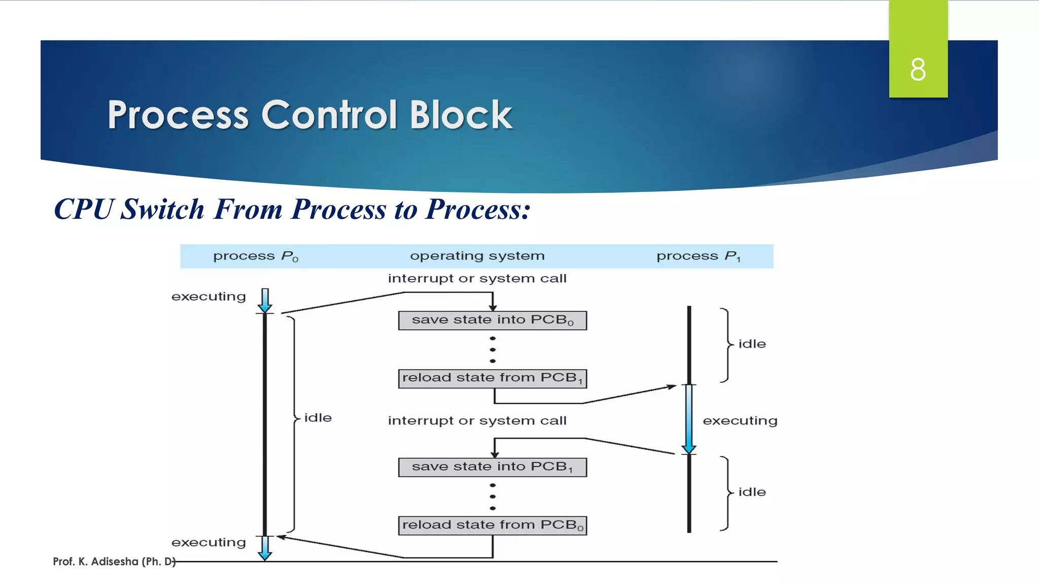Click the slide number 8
coord(918,70)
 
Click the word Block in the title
coord(461,115)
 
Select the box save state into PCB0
coord(492,320)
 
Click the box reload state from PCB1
coord(492,378)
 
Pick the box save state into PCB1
coord(492,467)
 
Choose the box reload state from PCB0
coord(492,525)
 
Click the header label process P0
coord(256,256)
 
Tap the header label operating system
coord(477,256)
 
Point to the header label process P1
coord(698,256)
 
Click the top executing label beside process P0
coord(209,297)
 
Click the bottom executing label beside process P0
coord(209,542)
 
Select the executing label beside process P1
coord(740,421)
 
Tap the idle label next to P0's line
coord(318,418)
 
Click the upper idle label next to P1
coord(752,344)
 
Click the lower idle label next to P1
coord(752,492)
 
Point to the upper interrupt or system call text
coord(477,279)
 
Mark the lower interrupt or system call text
coord(477,421)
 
